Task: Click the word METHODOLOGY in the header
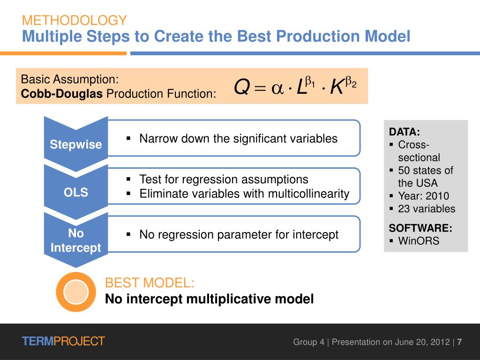coord(74,20)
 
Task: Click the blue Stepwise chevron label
coord(76,144)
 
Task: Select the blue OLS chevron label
coord(76,192)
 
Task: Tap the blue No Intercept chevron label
coord(76,240)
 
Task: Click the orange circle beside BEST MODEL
coord(75,292)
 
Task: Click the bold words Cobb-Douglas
coord(62,94)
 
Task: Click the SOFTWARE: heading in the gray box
coord(420,228)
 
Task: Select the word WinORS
coord(419,241)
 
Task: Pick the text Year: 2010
coord(423,196)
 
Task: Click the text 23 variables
coord(427,209)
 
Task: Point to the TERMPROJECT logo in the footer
coord(63,341)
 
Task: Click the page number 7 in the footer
coord(460,342)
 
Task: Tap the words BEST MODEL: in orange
coord(150,283)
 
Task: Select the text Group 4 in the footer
coord(308,342)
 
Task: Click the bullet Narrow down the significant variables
coord(238,139)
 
